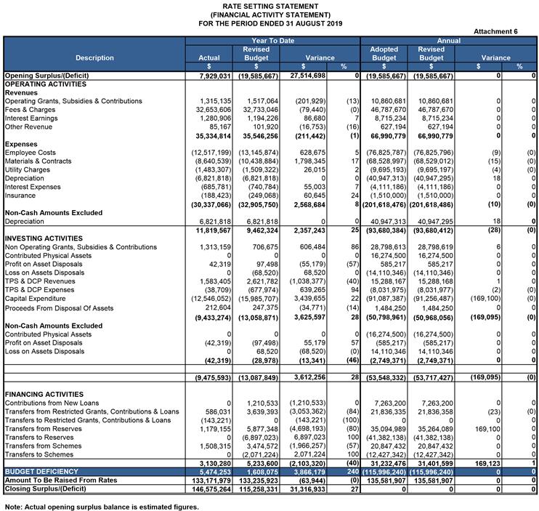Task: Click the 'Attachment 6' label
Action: coord(495,31)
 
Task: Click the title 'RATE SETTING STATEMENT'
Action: coord(269,6)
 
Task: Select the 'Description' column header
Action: coord(94,57)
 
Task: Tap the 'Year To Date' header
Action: coord(272,41)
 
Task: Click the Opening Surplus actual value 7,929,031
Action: coord(211,75)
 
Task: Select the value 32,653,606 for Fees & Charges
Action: coord(211,109)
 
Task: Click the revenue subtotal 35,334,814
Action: coord(211,135)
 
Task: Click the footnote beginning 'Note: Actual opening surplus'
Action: coord(102,505)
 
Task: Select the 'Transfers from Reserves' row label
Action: coord(43,428)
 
